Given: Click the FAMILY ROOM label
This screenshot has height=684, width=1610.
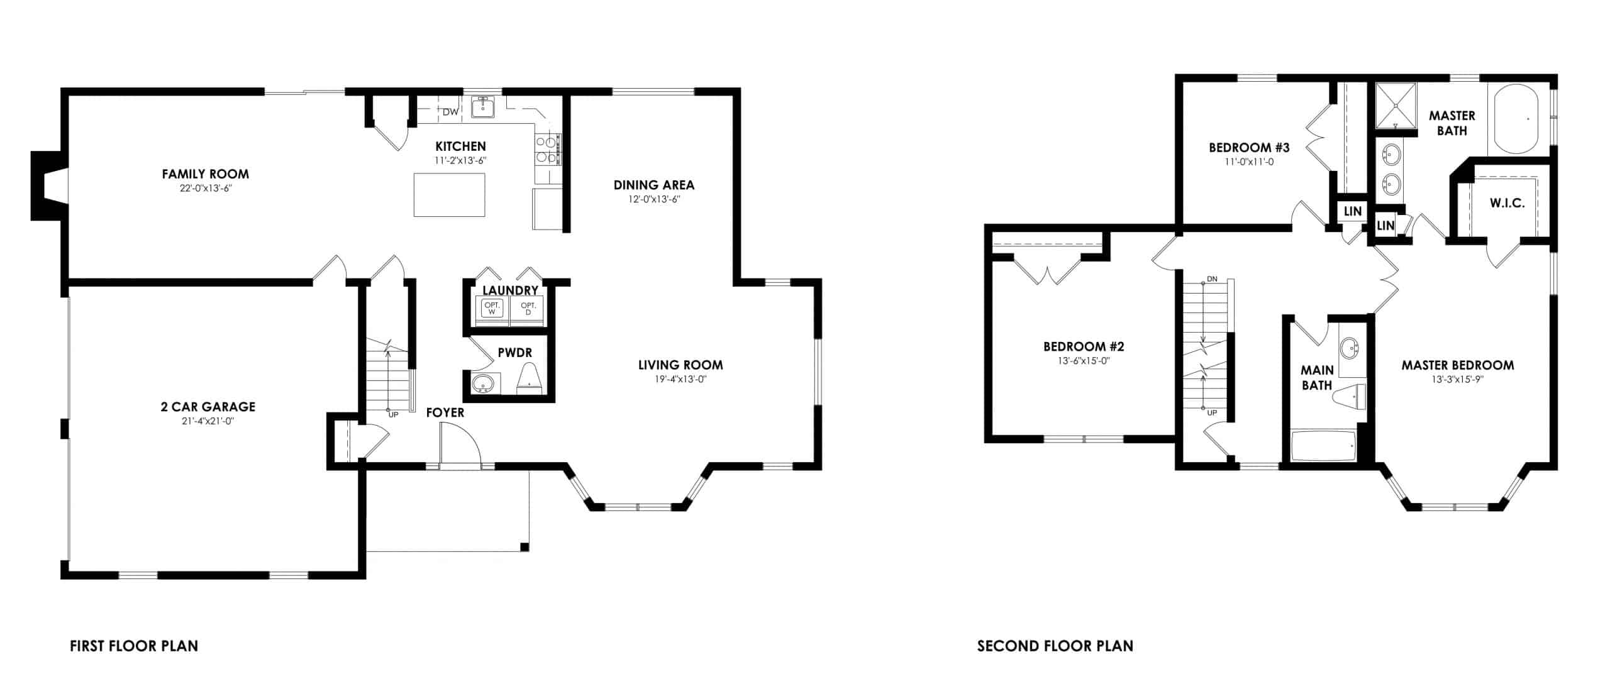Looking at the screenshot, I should [205, 174].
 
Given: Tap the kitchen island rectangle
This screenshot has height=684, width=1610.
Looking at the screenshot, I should [449, 194].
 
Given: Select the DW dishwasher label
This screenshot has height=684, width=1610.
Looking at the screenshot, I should [450, 113].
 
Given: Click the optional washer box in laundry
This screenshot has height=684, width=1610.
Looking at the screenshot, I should [492, 309].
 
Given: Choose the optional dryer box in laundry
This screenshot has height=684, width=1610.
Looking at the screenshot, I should [528, 309].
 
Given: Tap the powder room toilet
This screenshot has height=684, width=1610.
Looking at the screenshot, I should [530, 379].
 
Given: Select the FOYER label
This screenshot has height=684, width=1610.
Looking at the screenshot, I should [445, 412].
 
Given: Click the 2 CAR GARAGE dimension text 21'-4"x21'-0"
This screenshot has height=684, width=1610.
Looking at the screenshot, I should [208, 421].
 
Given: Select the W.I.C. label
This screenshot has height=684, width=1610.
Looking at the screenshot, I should [1507, 203].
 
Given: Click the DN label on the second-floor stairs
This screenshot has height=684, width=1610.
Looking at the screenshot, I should [1212, 279].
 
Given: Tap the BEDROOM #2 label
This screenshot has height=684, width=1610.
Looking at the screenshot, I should [1083, 346].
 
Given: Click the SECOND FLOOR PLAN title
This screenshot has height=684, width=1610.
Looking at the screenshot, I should [1055, 646].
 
